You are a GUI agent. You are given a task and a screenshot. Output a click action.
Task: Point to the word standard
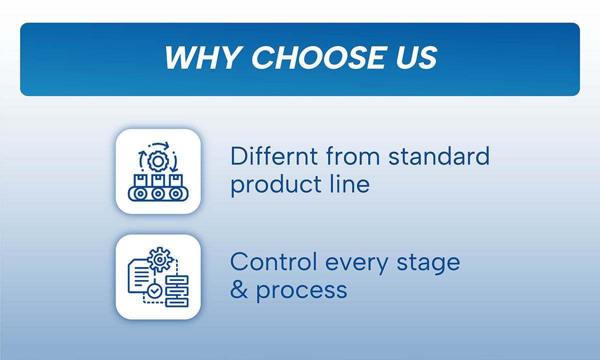click(x=439, y=156)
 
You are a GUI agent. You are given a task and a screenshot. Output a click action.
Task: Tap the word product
click(x=276, y=185)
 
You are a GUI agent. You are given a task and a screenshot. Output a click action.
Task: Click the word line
click(x=350, y=184)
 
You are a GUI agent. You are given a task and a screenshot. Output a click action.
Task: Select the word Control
click(x=273, y=261)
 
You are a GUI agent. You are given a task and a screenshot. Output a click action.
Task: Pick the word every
click(x=356, y=264)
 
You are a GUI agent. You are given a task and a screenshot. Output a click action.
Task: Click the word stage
click(x=428, y=263)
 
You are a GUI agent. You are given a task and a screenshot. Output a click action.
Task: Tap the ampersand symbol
click(x=239, y=289)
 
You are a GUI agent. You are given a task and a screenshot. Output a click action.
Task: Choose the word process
click(x=302, y=292)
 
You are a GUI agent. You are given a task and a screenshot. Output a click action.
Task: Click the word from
click(x=353, y=156)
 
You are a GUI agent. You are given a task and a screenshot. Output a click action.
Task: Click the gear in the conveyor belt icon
click(x=158, y=161)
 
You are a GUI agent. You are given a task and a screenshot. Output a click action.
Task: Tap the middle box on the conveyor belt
click(x=158, y=180)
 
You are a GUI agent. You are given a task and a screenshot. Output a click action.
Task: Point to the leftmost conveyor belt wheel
click(x=140, y=193)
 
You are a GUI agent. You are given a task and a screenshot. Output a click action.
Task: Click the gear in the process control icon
click(x=159, y=259)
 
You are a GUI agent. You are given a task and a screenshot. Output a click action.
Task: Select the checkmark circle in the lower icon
click(x=154, y=291)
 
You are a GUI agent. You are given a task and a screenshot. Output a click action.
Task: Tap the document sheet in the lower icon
click(x=139, y=276)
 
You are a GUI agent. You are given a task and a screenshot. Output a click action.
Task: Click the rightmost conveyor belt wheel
click(x=176, y=193)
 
